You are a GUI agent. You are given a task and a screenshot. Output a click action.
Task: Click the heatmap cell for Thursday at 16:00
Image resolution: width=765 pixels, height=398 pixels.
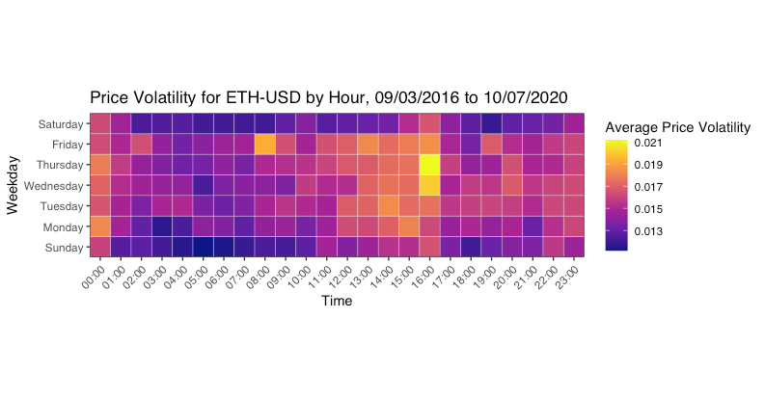tap(429, 165)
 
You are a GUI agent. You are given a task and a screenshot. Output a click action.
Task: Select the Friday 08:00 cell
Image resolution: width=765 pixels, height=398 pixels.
tap(265, 145)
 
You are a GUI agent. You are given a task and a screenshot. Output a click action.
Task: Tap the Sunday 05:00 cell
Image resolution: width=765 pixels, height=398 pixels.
tap(203, 247)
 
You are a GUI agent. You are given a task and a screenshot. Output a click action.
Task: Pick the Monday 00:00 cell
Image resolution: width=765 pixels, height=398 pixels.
tap(100, 226)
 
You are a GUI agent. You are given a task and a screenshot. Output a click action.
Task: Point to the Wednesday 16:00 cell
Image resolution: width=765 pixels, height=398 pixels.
tap(429, 186)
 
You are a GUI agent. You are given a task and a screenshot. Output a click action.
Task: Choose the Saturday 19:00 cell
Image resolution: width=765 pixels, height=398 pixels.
tap(491, 123)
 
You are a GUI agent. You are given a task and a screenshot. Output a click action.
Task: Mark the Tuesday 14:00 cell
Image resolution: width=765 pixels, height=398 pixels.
tap(389, 206)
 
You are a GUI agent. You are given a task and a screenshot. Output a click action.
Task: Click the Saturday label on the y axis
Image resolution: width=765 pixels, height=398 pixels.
tap(61, 124)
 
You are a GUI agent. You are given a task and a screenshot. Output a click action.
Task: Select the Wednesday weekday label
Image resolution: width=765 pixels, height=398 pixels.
tap(53, 186)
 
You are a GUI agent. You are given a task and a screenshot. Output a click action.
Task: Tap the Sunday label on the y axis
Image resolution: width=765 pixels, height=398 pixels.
tap(64, 248)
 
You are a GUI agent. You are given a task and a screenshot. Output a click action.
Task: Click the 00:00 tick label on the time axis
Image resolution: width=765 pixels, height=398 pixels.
tap(94, 278)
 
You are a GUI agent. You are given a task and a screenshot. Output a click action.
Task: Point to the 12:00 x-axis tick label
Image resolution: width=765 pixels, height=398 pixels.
tap(341, 278)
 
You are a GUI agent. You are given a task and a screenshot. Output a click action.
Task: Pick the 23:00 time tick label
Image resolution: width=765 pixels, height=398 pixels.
tap(567, 278)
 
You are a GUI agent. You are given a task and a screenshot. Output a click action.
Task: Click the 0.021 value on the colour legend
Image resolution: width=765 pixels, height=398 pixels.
tap(648, 143)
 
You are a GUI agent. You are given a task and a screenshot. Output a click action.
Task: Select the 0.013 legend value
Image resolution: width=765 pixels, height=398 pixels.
tap(648, 231)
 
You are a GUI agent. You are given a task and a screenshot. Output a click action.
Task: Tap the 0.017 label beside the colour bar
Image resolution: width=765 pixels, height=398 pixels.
tap(648, 187)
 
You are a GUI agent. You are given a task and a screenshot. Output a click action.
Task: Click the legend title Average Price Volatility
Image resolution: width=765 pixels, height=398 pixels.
tap(677, 127)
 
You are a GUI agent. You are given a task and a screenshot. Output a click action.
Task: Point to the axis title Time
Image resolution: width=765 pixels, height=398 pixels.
tap(337, 301)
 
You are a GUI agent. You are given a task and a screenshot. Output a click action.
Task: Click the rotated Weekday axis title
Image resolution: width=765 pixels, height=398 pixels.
tap(13, 185)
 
